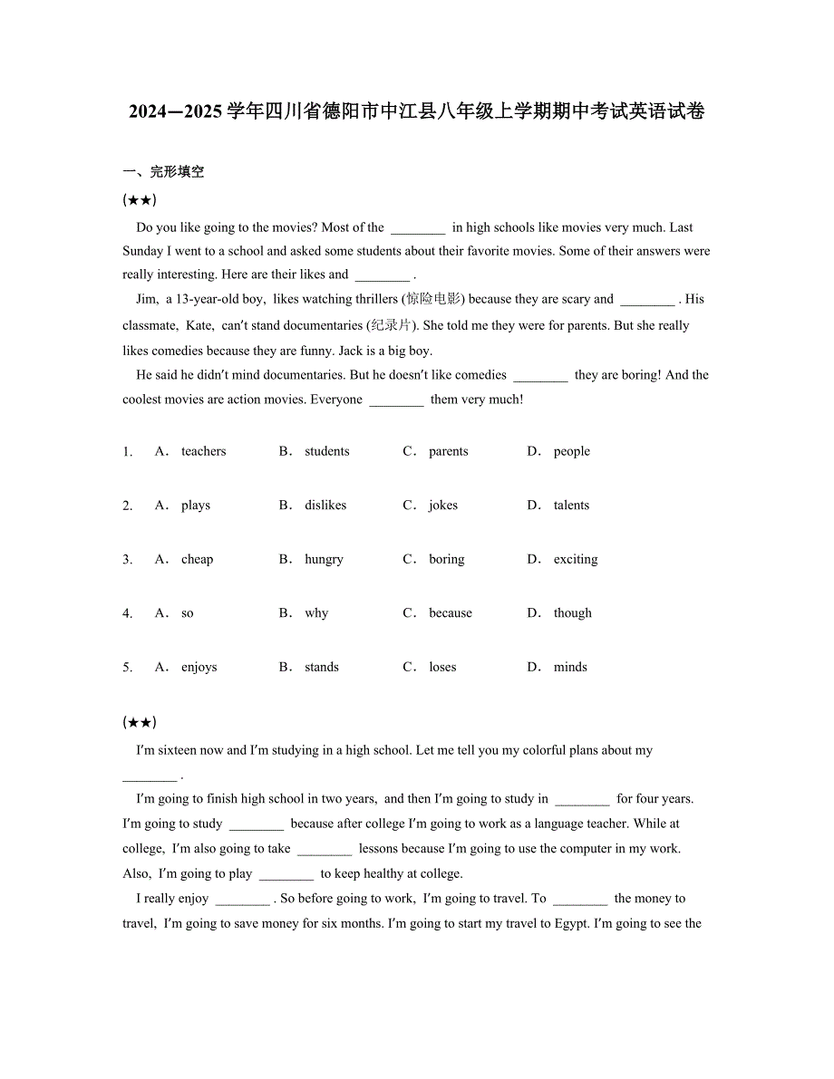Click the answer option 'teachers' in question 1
[203, 451]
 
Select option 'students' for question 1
[326, 451]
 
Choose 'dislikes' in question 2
[325, 506]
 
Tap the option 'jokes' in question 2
[443, 506]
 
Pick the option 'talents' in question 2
[571, 506]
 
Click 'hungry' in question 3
[324, 560]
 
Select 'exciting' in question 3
[576, 560]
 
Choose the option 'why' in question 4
[316, 613]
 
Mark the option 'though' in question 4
[572, 613]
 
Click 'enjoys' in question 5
[199, 668]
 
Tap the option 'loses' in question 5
[442, 668]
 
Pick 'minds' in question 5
[570, 668]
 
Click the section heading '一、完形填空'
[163, 171]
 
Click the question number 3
[127, 560]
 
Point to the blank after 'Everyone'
[396, 400]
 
